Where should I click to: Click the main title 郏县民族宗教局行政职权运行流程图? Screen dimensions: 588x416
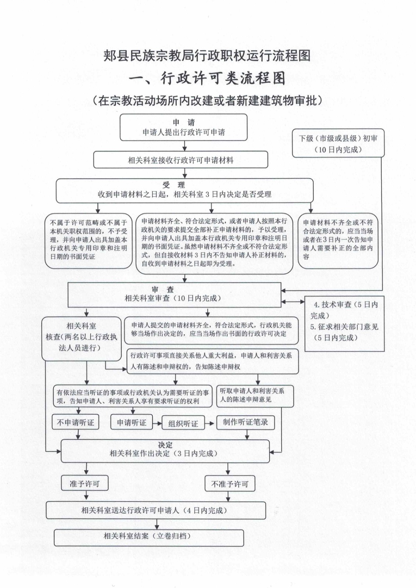tap(207, 55)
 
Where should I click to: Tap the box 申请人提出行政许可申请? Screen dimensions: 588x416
tap(183, 128)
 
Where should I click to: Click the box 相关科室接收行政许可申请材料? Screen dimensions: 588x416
tap(180, 160)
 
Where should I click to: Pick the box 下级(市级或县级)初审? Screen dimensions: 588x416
tap(338, 144)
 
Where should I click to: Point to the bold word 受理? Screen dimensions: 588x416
tap(174, 185)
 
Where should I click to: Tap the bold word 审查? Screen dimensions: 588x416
tap(163, 289)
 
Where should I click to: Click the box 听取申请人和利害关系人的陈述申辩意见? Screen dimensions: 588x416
tap(255, 396)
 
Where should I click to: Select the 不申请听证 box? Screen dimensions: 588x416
tap(76, 423)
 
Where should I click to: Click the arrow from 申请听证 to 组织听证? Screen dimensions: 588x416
tap(157, 423)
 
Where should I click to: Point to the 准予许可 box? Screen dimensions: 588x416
tap(85, 484)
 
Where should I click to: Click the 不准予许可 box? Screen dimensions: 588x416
tap(230, 484)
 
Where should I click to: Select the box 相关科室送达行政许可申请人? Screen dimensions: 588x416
tap(156, 510)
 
